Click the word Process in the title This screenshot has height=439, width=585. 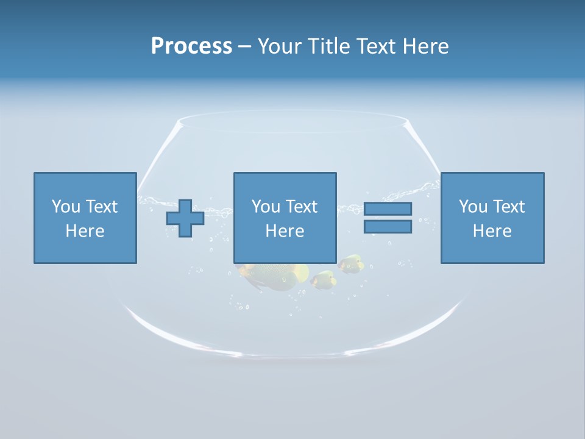(x=191, y=46)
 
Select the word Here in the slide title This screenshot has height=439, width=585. (x=427, y=46)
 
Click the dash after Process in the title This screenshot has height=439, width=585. (x=245, y=47)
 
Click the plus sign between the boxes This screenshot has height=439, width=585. (x=185, y=218)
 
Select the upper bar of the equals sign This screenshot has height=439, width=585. (x=388, y=209)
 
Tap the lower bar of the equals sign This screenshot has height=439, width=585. (x=388, y=226)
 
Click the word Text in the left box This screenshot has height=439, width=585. (x=101, y=207)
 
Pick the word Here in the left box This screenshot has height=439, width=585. (x=85, y=231)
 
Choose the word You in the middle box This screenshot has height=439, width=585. (x=266, y=207)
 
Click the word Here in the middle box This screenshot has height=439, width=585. (x=285, y=231)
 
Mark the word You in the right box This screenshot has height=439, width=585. (x=473, y=207)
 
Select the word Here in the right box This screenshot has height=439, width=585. (x=492, y=231)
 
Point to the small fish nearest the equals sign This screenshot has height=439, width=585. (x=352, y=263)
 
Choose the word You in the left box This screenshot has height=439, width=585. (x=66, y=207)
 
